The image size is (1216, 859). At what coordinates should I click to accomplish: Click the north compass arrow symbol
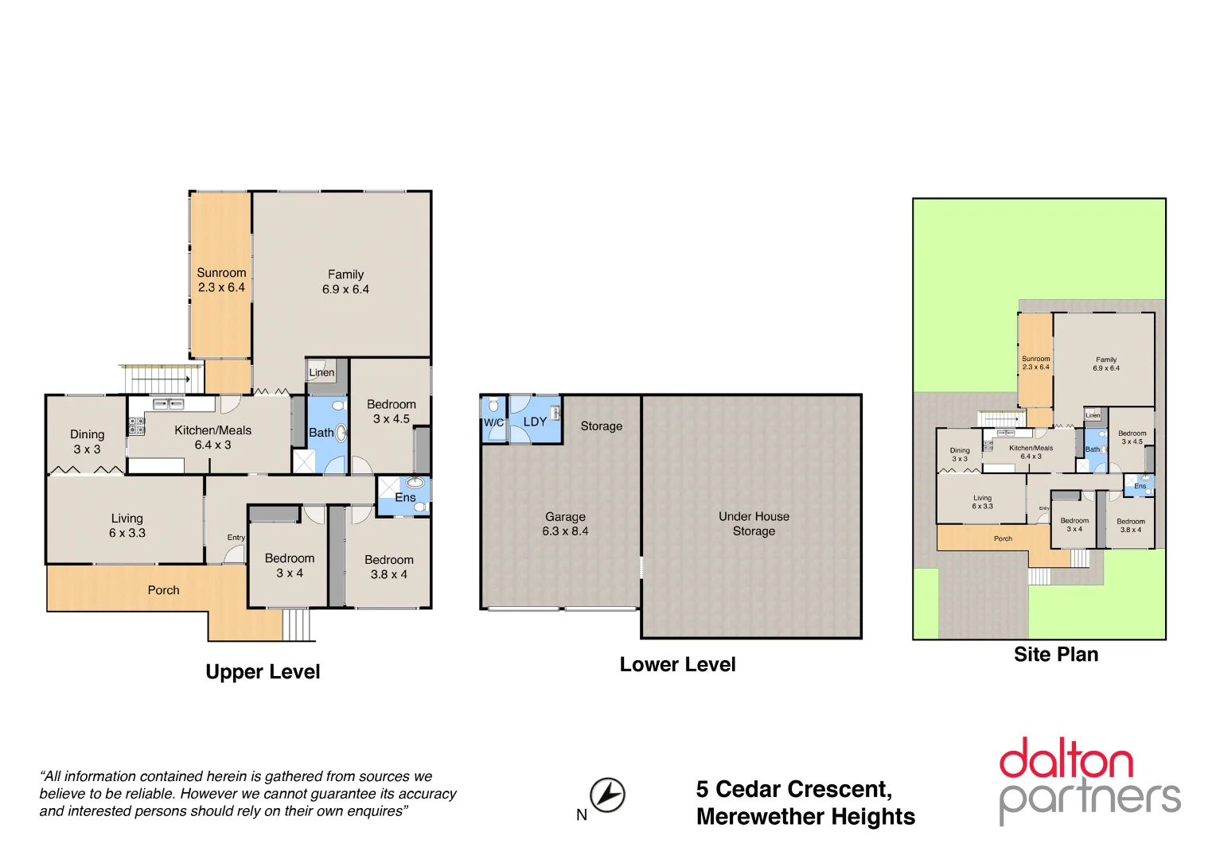point(607,795)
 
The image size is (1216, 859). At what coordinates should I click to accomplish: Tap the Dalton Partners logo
point(1089,781)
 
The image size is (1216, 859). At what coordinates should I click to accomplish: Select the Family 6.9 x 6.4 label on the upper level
point(345,282)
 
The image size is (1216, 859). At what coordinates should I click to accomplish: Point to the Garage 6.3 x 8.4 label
point(565,523)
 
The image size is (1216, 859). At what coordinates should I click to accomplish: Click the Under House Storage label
point(754,523)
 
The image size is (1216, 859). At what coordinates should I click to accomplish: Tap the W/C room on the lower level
point(493,422)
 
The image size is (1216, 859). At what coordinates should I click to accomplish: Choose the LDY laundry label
point(535,422)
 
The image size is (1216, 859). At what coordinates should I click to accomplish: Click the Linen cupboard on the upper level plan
point(322,372)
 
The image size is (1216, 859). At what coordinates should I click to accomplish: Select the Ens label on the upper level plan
point(405,497)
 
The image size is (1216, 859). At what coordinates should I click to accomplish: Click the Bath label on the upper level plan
point(321,433)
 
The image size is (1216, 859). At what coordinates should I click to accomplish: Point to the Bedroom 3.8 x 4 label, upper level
point(388,567)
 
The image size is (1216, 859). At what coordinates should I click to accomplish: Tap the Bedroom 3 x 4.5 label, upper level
point(391,411)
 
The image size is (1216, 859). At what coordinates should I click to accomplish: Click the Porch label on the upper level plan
point(163,590)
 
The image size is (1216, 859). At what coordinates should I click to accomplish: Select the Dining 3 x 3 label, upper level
point(87,441)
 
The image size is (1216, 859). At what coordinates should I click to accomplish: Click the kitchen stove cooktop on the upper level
point(137,426)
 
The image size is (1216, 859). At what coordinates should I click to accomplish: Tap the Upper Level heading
point(263,672)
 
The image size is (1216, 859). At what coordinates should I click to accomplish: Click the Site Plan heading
point(1055,655)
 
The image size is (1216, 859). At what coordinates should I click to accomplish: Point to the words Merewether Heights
point(805,817)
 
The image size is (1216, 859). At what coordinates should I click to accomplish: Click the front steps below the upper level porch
point(298,624)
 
